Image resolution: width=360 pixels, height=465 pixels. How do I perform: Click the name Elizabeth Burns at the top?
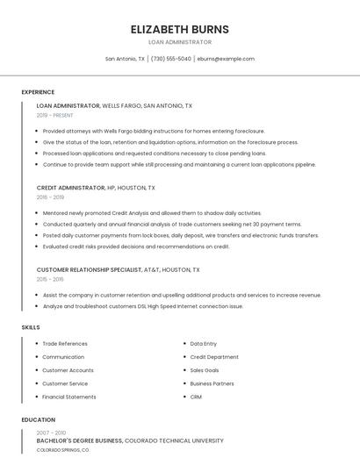pyautogui.click(x=179, y=29)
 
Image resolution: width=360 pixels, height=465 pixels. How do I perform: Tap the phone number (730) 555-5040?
pyautogui.click(x=170, y=59)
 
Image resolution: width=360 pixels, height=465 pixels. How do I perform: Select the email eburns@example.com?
pyautogui.click(x=226, y=59)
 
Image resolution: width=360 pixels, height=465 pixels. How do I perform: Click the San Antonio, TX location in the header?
pyautogui.click(x=126, y=59)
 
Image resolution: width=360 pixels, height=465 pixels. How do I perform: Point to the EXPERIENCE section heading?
pyautogui.click(x=38, y=92)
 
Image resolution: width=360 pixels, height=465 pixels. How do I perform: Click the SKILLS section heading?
pyautogui.click(x=31, y=327)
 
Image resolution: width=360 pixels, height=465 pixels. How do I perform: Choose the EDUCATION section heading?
pyautogui.click(x=39, y=419)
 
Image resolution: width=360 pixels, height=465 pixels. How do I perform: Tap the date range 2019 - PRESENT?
pyautogui.click(x=55, y=115)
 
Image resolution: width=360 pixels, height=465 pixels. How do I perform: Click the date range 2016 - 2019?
pyautogui.click(x=50, y=197)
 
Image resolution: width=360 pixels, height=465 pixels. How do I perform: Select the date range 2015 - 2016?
pyautogui.click(x=50, y=279)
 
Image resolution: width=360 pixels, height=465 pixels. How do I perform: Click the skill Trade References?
pyautogui.click(x=65, y=344)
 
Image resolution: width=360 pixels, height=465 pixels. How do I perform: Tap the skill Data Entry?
pyautogui.click(x=204, y=344)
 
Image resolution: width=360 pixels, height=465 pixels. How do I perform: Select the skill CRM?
pyautogui.click(x=196, y=397)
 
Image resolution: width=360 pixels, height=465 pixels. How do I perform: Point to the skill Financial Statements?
pyautogui.click(x=69, y=397)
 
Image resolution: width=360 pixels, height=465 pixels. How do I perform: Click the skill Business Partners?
pyautogui.click(x=212, y=383)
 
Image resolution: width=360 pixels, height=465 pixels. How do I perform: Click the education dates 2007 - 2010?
pyautogui.click(x=51, y=433)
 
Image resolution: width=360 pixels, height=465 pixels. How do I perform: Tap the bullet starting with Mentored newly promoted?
pyautogui.click(x=152, y=213)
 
